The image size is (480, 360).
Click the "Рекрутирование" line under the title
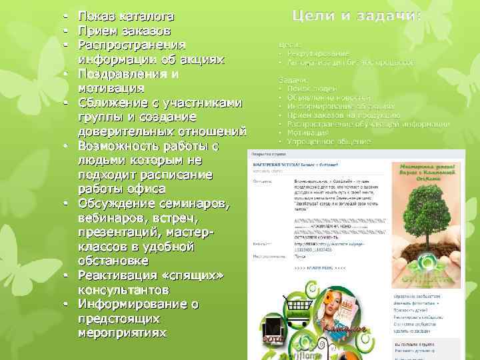coord(318,53)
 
